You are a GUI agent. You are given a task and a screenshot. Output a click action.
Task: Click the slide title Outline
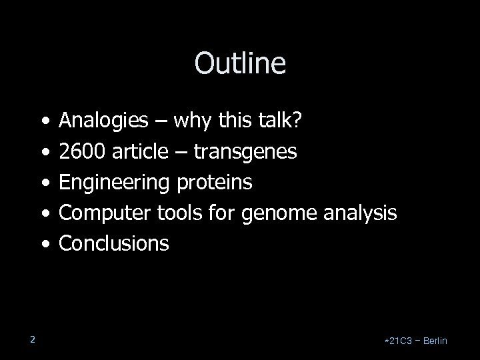click(x=240, y=64)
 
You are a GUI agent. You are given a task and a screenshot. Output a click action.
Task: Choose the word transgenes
click(x=246, y=153)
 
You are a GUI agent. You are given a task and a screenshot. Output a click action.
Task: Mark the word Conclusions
click(x=114, y=244)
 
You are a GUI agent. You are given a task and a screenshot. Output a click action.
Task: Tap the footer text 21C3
click(x=399, y=341)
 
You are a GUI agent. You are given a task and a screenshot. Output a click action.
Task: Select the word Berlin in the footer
click(x=434, y=341)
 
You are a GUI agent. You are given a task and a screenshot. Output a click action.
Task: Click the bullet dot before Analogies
click(x=44, y=122)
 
